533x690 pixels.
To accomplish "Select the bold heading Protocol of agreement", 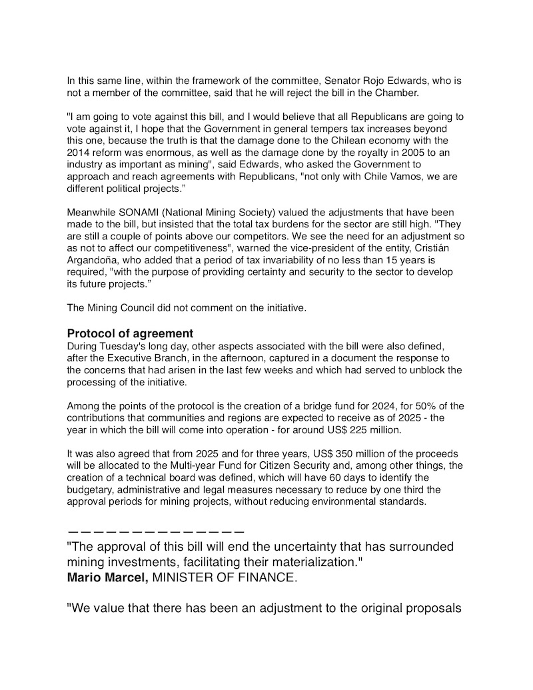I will [130, 333].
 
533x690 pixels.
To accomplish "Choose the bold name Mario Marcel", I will [108, 577].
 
